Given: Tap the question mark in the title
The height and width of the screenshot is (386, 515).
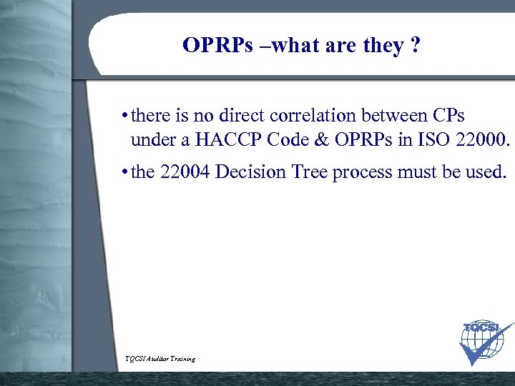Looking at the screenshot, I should click(x=414, y=46).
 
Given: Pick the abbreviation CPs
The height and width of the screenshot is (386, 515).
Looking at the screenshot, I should click(x=449, y=115).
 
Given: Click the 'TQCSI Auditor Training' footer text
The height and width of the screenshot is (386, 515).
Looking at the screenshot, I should click(x=160, y=359).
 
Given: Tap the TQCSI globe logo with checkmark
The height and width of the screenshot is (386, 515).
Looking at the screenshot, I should click(x=485, y=342).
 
